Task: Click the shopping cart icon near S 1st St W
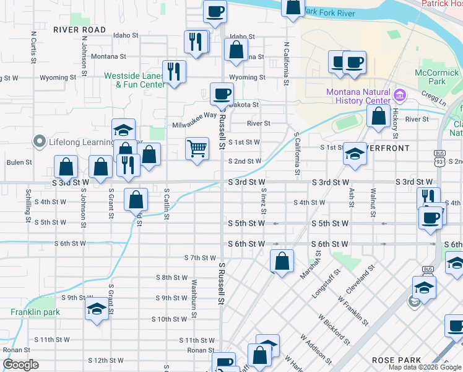click(x=197, y=148)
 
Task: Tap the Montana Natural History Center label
click(x=358, y=96)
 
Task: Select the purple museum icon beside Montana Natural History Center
click(x=399, y=96)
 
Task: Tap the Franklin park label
click(x=35, y=312)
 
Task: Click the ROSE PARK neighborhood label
click(x=397, y=360)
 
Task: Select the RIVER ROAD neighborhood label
click(x=79, y=29)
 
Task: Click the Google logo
click(x=20, y=365)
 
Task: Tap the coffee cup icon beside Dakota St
click(x=222, y=94)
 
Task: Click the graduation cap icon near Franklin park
click(x=97, y=309)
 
